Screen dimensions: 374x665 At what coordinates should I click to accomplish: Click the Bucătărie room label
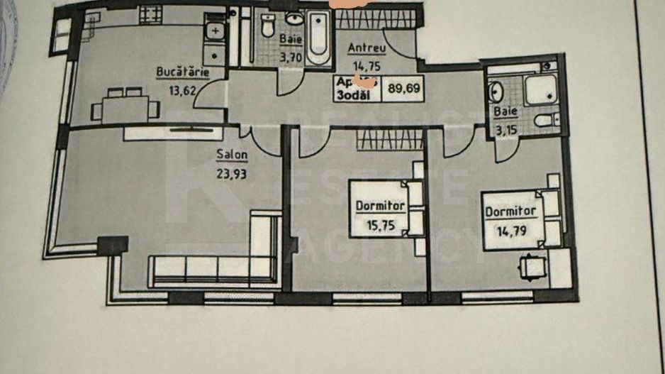(x=181, y=72)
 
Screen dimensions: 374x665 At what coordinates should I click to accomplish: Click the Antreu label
(x=366, y=48)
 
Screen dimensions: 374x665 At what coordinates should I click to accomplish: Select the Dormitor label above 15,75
(x=381, y=206)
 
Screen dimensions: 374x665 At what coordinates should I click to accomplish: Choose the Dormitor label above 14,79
(x=510, y=211)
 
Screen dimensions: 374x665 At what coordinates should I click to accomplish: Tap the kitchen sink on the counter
(x=214, y=32)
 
